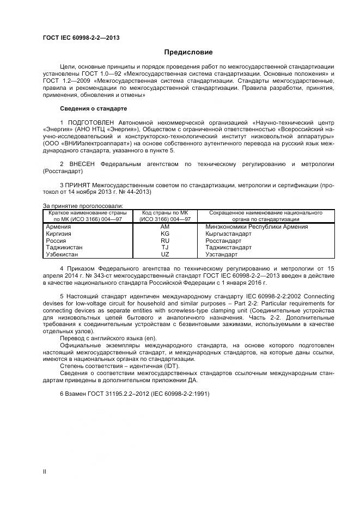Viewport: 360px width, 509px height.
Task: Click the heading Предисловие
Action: (x=188, y=52)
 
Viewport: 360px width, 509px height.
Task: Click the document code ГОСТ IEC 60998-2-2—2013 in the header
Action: (x=81, y=38)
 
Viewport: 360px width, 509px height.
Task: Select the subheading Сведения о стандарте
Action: (x=93, y=108)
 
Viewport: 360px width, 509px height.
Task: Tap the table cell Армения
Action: (x=58, y=226)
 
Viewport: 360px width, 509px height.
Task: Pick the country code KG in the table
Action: (x=165, y=234)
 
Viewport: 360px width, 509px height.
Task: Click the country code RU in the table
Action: (x=165, y=240)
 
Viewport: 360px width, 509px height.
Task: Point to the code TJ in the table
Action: (x=165, y=247)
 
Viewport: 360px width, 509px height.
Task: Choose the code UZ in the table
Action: (x=165, y=254)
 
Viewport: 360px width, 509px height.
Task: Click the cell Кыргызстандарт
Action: (x=228, y=234)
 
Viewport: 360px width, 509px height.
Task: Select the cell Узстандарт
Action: (x=222, y=254)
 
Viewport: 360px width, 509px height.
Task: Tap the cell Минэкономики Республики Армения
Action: (x=257, y=226)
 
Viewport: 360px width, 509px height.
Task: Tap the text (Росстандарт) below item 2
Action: (x=63, y=170)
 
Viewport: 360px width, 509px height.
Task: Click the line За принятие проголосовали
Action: (x=83, y=206)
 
